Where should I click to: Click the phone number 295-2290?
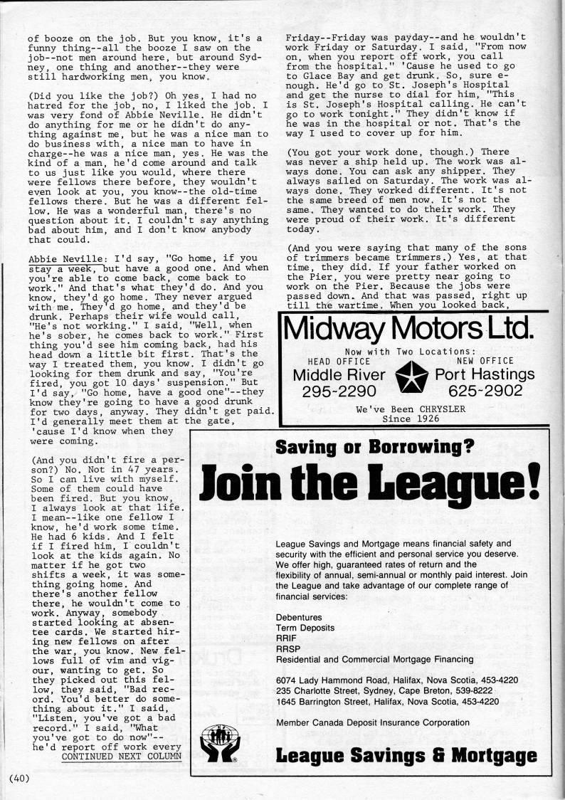pyautogui.click(x=340, y=391)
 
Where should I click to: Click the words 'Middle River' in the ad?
pyautogui.click(x=339, y=374)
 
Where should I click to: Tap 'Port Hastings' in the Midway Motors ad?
pyautogui.click(x=484, y=374)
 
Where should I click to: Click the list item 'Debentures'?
pyautogui.click(x=299, y=617)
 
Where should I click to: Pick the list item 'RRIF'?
pyautogui.click(x=286, y=639)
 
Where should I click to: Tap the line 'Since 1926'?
pyautogui.click(x=411, y=419)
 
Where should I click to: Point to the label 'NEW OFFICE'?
pyautogui.click(x=485, y=361)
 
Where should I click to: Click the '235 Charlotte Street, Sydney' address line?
pyautogui.click(x=384, y=690)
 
